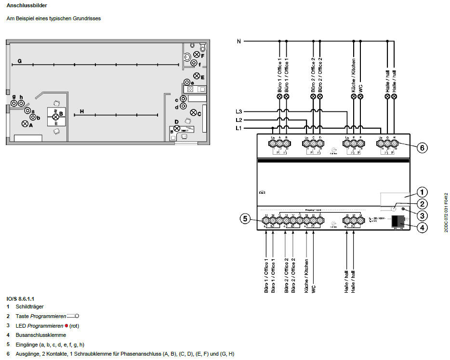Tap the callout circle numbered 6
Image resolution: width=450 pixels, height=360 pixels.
(421, 148)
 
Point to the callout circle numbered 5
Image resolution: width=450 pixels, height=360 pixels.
(245, 219)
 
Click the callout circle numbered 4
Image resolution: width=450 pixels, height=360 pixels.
(421, 227)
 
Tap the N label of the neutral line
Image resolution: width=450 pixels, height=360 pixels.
(238, 41)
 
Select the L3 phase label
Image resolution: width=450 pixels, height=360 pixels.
(238, 111)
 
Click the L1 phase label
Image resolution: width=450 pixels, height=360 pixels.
(238, 128)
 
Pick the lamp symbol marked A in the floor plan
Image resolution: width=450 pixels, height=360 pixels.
(25, 123)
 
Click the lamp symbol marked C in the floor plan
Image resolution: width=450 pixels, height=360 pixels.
(193, 113)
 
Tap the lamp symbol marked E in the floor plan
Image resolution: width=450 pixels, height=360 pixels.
(197, 76)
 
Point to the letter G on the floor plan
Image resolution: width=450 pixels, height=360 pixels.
(20, 61)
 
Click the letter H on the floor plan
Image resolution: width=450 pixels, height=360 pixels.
(82, 112)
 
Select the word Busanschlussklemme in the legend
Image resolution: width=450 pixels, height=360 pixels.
(41, 334)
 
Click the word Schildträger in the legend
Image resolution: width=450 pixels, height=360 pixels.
(30, 306)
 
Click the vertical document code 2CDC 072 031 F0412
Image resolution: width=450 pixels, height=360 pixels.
(446, 212)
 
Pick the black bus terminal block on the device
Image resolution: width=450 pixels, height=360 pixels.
(398, 222)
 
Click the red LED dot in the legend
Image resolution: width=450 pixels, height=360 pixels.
(66, 325)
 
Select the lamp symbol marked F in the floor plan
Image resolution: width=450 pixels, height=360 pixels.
(196, 54)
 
